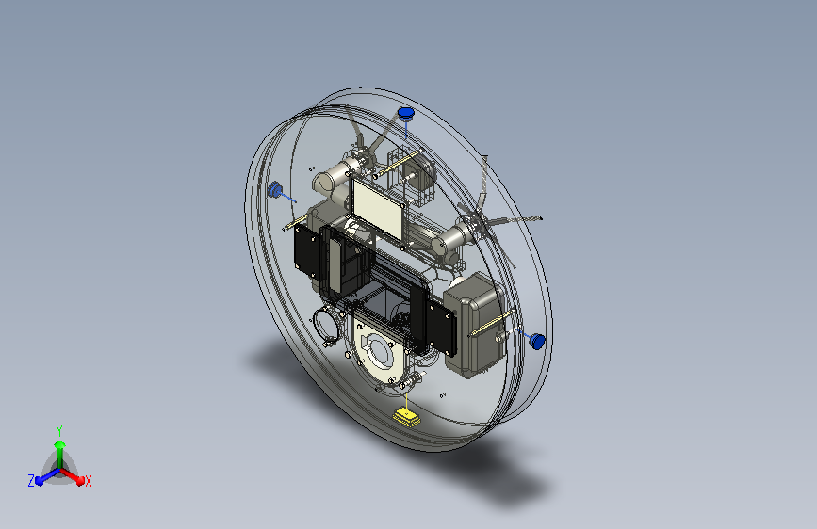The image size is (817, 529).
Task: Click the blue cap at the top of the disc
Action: click(x=405, y=113)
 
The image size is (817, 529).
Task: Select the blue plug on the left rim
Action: click(x=274, y=190)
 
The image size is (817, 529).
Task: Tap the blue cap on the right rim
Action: click(x=537, y=342)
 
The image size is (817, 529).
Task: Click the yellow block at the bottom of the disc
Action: click(x=407, y=417)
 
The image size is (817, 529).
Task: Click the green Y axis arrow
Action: click(x=59, y=454)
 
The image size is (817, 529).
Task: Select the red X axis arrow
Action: click(x=73, y=476)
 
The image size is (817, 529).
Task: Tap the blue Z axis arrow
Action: click(x=47, y=476)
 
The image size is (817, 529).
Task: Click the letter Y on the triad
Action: click(x=59, y=431)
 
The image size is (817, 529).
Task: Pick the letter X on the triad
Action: click(x=88, y=482)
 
